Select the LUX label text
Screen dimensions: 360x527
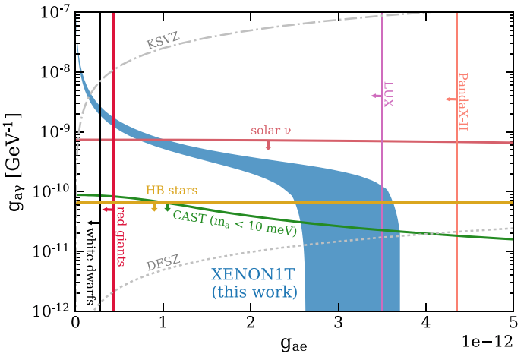pyautogui.click(x=389, y=95)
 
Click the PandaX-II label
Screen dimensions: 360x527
pyautogui.click(x=462, y=101)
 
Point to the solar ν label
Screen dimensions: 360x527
pyautogui.click(x=271, y=131)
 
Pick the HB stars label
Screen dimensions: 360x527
pyautogui.click(x=169, y=191)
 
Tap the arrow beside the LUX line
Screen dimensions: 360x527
pyautogui.click(x=375, y=96)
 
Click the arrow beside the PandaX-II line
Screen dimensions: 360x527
pyautogui.click(x=450, y=99)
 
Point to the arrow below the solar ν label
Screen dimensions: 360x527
pyautogui.click(x=268, y=145)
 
